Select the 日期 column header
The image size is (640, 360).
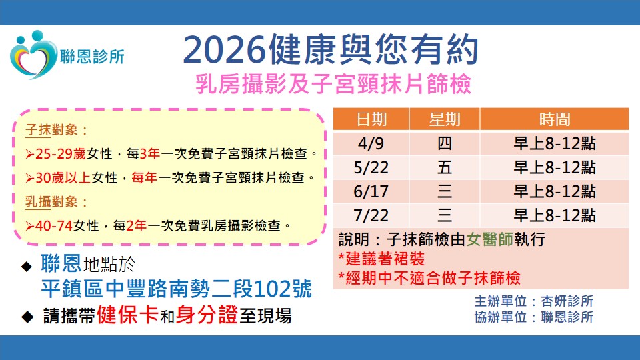point(371,119)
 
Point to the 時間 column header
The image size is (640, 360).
point(554,119)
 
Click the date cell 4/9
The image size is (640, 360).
point(371,143)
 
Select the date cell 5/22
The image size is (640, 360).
point(371,167)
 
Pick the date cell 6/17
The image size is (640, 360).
point(371,191)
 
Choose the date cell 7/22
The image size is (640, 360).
point(371,215)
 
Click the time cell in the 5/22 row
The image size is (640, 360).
point(554,167)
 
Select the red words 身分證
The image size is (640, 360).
point(207,315)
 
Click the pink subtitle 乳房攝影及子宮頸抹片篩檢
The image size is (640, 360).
point(333,84)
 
